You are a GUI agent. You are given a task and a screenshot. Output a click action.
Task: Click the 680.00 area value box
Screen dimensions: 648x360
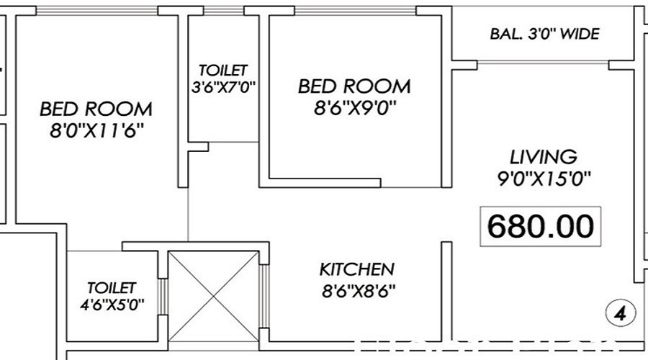[x=540, y=227]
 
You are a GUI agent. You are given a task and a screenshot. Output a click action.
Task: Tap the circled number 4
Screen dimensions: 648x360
[x=621, y=314]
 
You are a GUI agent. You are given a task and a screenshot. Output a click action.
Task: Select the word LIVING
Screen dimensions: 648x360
[x=544, y=157]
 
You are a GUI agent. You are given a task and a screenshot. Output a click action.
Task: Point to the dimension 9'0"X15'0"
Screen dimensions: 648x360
[x=544, y=179]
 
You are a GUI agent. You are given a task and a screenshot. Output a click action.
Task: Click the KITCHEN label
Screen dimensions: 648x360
[x=357, y=269]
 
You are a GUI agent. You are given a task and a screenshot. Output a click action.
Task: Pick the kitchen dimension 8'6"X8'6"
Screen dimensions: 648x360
[x=359, y=292]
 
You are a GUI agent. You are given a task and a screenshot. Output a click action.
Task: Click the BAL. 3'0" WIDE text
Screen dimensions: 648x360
[x=545, y=33]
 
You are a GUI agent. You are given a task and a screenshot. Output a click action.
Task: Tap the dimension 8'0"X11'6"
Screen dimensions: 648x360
[x=96, y=131]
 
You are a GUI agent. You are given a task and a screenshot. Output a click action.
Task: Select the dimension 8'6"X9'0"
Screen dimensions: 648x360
[x=355, y=108]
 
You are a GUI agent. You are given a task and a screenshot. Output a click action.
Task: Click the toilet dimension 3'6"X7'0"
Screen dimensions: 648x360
[x=224, y=87]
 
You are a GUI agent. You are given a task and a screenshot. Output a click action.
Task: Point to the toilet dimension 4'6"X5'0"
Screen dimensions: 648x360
[x=112, y=305]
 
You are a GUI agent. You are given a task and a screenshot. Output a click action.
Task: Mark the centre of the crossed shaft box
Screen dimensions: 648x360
[x=214, y=297]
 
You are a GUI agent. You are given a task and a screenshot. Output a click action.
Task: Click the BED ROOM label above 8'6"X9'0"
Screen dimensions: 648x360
[x=354, y=86]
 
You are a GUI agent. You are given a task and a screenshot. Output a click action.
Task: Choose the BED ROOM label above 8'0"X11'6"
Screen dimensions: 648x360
[x=96, y=109]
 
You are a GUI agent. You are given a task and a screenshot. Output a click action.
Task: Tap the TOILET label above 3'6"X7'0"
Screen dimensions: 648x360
[x=223, y=71]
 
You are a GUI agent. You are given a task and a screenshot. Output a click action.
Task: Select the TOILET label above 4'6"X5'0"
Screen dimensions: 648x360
[x=112, y=288]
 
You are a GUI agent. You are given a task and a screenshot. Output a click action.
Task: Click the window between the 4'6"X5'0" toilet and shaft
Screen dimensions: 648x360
[x=163, y=297]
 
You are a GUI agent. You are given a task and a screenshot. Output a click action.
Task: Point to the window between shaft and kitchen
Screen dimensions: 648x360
[x=264, y=297]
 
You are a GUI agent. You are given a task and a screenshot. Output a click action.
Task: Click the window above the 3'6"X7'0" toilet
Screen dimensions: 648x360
[x=224, y=11]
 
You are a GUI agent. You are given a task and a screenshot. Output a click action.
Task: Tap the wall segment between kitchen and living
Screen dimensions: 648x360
[x=446, y=292]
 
